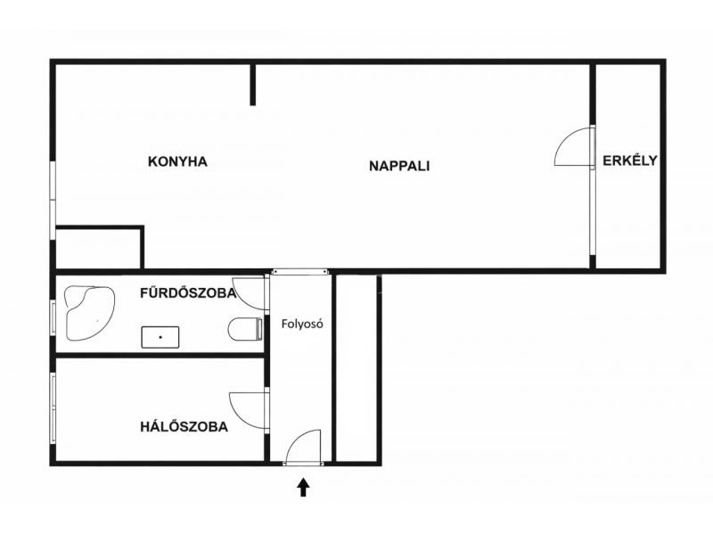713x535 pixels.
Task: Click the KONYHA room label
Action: point(177,161)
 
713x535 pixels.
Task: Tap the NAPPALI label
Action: point(399,166)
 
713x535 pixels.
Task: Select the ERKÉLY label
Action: point(630,160)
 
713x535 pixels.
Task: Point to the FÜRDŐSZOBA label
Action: point(188,292)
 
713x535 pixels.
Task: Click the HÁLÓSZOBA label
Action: point(184,427)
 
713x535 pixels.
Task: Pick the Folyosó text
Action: point(302,324)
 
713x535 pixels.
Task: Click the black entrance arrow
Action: point(303,487)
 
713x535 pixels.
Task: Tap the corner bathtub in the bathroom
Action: point(90,313)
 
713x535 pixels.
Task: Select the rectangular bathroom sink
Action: point(160,337)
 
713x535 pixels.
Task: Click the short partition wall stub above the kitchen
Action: point(253,85)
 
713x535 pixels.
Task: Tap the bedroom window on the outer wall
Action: point(53,408)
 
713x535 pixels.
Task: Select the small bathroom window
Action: point(53,318)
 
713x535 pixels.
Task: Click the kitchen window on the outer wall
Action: point(53,200)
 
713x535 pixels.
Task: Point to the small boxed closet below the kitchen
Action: point(98,249)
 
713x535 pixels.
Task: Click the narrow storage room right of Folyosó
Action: point(356,368)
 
